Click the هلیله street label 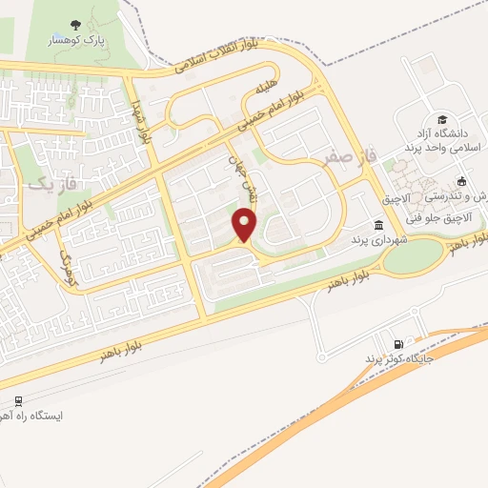click(264, 91)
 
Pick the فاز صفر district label click(344, 155)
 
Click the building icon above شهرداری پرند click(378, 225)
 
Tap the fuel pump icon click(396, 343)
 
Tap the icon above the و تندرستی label click(462, 181)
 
